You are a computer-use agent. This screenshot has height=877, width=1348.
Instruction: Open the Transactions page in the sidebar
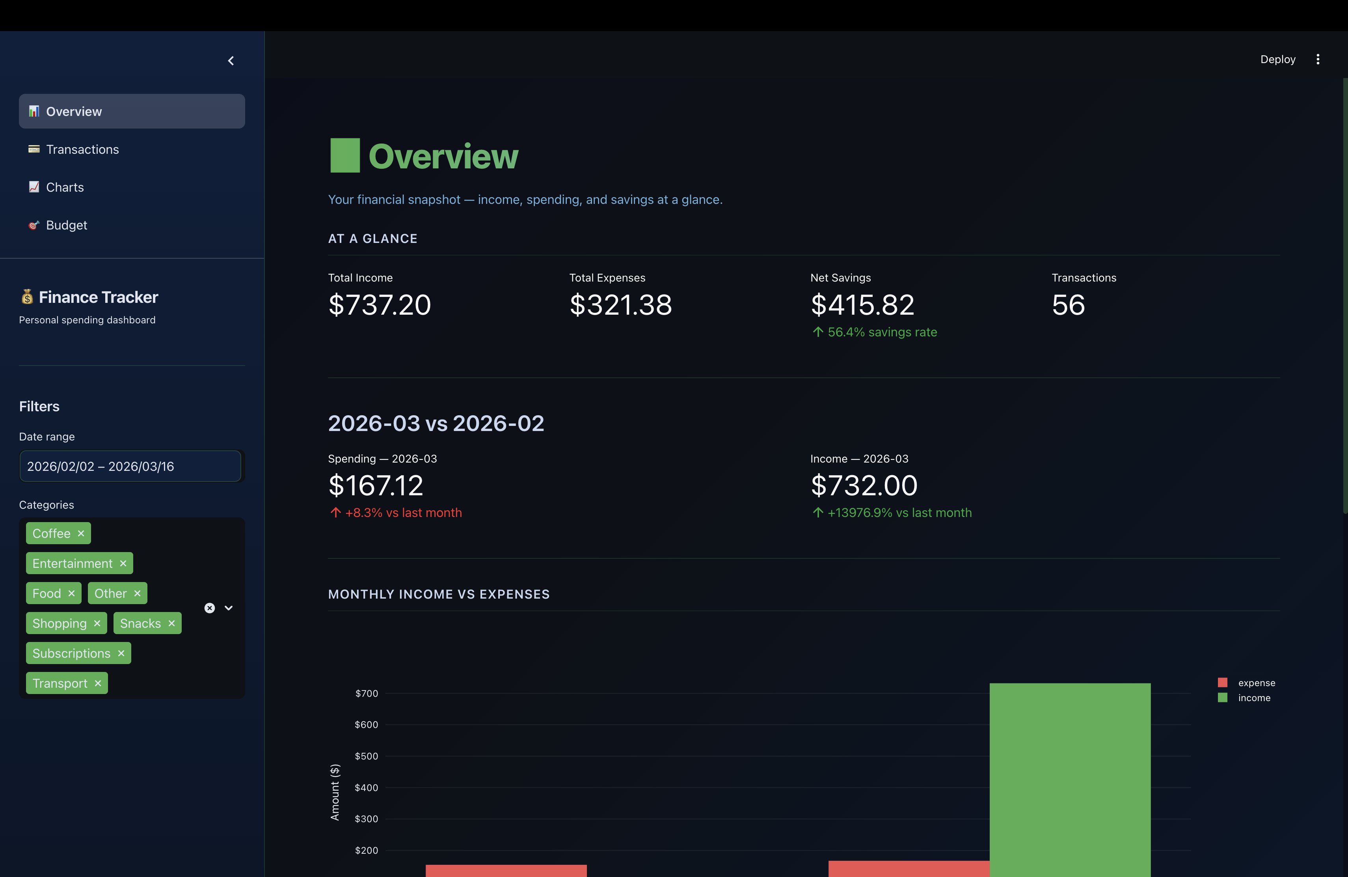coord(82,149)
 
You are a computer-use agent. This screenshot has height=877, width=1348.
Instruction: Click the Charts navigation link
coord(65,188)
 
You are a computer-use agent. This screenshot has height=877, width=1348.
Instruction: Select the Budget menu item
coord(66,226)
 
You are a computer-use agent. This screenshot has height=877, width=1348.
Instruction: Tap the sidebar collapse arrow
coord(231,61)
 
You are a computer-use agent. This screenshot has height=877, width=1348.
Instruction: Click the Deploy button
coord(1277,60)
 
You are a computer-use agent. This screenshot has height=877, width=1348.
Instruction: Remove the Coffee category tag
coord(81,534)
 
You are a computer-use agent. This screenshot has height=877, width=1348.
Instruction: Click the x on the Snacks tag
coord(171,624)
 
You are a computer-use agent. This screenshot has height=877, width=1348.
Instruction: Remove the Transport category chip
coord(98,684)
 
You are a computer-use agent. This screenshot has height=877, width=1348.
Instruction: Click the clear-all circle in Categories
coord(210,608)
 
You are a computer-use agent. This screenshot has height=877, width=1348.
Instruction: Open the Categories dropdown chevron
coord(229,608)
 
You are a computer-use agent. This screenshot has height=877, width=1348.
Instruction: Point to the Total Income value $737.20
coord(380,305)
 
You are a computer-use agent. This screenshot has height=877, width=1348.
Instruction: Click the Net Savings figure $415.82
coord(862,305)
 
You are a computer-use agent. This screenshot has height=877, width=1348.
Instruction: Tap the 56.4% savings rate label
coord(881,332)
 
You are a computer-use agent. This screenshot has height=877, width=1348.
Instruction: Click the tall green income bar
coord(1069,782)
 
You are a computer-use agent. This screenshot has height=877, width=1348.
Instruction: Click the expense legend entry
coord(1256,683)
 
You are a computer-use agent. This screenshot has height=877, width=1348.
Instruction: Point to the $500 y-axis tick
coord(367,756)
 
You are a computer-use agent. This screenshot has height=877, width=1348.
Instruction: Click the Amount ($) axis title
coord(335,792)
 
